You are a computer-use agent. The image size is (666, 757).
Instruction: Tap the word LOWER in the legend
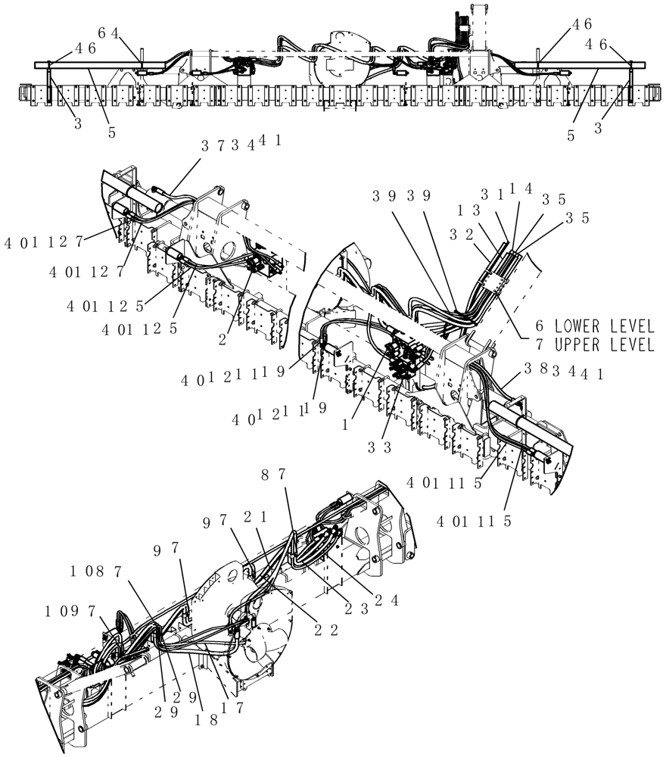(x=577, y=326)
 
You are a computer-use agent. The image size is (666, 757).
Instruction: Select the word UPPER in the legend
(x=577, y=345)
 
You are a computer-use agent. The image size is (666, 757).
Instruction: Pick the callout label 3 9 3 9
(x=401, y=195)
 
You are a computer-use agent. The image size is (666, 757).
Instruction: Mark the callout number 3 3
(x=380, y=448)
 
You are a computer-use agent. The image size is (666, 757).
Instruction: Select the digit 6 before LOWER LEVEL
(x=539, y=326)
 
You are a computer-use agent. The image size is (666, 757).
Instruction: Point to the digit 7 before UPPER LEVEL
(x=539, y=345)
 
